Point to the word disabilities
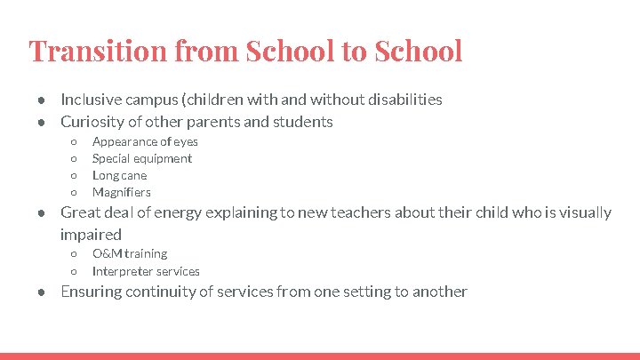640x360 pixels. tap(404, 100)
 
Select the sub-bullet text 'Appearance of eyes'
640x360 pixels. tap(145, 141)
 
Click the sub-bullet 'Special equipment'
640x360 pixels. tap(142, 158)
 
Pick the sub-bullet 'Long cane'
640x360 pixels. tap(120, 175)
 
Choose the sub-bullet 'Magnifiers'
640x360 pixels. tap(122, 192)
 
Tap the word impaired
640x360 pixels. tap(91, 235)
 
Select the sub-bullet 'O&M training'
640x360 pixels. tap(130, 254)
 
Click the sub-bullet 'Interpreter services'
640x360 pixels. tap(146, 271)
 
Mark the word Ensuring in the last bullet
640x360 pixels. tap(91, 292)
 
